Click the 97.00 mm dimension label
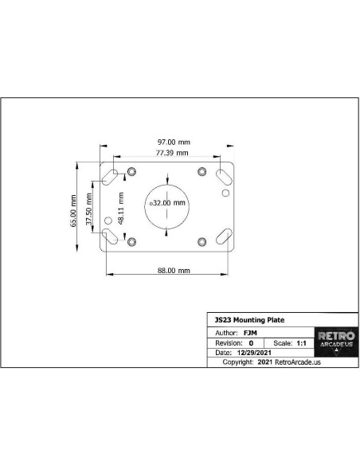pyautogui.click(x=174, y=143)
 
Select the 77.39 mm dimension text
pyautogui.click(x=172, y=153)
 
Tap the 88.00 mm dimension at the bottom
pyautogui.click(x=174, y=271)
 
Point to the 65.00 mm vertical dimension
pyautogui.click(x=73, y=211)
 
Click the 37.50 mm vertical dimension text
pyautogui.click(x=89, y=209)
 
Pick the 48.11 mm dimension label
pyautogui.click(x=121, y=209)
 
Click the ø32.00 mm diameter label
pyautogui.click(x=167, y=203)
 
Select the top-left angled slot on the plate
pyautogui.click(x=110, y=177)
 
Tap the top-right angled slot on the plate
pyautogui.click(x=224, y=177)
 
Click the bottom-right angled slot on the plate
pyautogui.click(x=224, y=236)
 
